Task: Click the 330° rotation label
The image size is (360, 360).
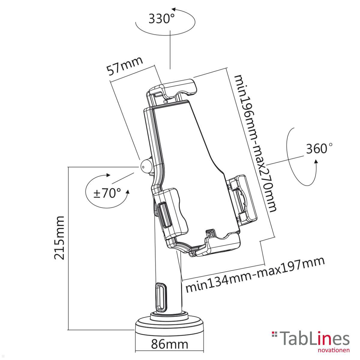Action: pyautogui.click(x=161, y=19)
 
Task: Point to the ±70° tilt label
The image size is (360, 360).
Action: pyautogui.click(x=107, y=193)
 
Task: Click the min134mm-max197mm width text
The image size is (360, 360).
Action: pyautogui.click(x=255, y=274)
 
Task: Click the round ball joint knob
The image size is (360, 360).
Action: pyautogui.click(x=145, y=166)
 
